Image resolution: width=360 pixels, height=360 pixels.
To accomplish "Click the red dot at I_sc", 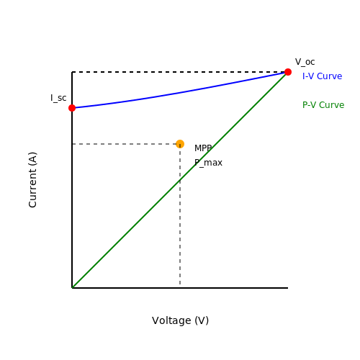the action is click(x=72, y=108).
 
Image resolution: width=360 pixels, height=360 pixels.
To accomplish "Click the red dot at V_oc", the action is click(x=288, y=72).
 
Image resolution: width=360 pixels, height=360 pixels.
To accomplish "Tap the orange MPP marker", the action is click(x=180, y=144).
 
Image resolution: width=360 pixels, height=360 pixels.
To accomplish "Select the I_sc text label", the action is click(x=58, y=98).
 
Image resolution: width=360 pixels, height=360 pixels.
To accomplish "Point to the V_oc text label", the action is click(x=305, y=62).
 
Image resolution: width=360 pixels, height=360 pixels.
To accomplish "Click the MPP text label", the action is click(x=203, y=148).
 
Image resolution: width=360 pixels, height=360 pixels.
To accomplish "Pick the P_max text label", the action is click(x=208, y=163).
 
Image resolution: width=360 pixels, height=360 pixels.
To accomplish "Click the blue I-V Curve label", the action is click(x=322, y=76).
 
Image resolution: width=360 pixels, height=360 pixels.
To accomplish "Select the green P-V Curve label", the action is click(x=323, y=105).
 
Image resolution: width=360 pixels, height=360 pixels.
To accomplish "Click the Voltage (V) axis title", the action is click(x=180, y=320).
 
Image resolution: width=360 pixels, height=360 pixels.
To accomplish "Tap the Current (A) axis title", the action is click(x=32, y=180).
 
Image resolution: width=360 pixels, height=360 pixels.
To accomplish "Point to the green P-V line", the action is click(x=180, y=180).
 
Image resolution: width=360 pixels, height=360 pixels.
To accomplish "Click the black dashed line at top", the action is click(x=180, y=72).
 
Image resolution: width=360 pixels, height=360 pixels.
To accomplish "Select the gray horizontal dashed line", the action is click(x=126, y=144).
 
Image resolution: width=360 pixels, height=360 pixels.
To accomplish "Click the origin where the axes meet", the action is click(x=72, y=288).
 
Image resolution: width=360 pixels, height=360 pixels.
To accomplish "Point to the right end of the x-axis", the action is click(x=288, y=288).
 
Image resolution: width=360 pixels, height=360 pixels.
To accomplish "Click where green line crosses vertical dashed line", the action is click(x=180, y=180).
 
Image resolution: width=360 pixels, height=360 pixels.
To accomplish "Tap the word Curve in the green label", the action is click(x=332, y=105).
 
